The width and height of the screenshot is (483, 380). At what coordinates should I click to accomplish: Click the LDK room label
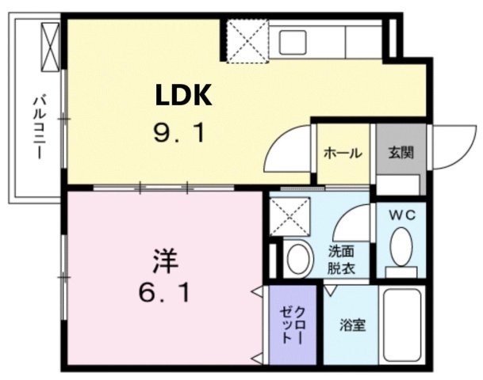[x=182, y=97]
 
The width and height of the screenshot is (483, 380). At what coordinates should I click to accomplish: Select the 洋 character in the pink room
[x=165, y=260]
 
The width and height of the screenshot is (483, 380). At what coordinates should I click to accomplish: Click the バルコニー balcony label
[x=38, y=127]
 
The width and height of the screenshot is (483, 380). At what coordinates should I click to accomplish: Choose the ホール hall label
[x=343, y=153]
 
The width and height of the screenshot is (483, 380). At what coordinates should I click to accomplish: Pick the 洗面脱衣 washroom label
[x=343, y=260]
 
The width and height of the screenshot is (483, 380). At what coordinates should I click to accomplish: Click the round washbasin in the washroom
[x=299, y=258]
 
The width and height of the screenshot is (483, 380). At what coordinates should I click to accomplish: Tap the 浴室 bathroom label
[x=353, y=325]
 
